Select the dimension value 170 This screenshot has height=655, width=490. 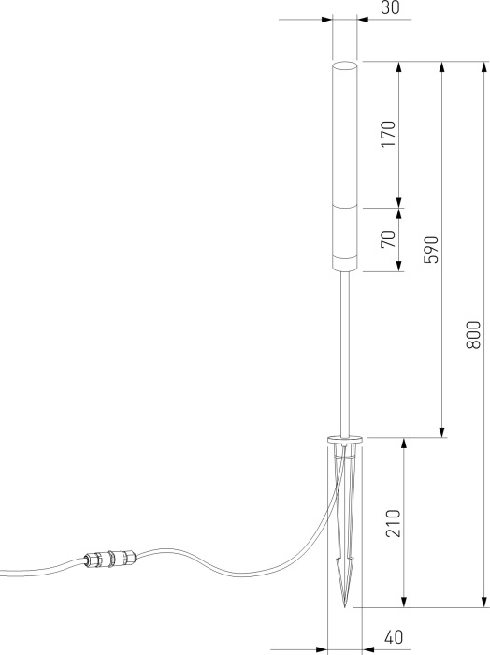point(390,135)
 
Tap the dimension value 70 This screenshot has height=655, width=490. point(390,240)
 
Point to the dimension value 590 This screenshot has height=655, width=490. point(431,249)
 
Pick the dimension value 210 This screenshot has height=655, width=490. point(393,522)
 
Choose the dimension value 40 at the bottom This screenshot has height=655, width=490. point(393,638)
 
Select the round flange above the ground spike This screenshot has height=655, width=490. point(345,438)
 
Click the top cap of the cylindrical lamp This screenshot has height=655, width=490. point(345,65)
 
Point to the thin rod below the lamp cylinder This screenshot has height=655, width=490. point(345,356)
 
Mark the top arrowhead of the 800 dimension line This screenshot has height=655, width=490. point(483,67)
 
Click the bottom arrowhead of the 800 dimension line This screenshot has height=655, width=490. point(483,602)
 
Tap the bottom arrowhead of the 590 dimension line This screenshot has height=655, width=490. point(441,431)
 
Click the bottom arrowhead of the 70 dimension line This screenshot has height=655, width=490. point(399,267)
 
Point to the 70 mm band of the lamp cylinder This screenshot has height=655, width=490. point(345,240)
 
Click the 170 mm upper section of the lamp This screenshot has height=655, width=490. point(345,136)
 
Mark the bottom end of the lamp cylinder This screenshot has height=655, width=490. point(345,270)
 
